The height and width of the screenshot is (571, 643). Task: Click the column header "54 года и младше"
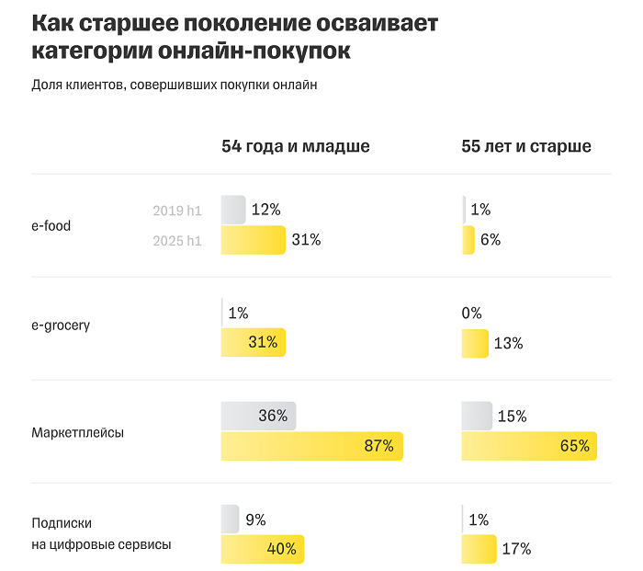(x=295, y=146)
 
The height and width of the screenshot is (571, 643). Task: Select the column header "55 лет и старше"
(x=525, y=146)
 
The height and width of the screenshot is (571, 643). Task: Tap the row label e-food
(x=51, y=225)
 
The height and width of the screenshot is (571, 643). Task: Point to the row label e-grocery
(x=61, y=325)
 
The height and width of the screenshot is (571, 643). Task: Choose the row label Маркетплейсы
(x=77, y=431)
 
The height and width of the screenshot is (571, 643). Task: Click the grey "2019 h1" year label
(x=176, y=211)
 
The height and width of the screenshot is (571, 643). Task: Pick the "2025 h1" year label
(x=176, y=241)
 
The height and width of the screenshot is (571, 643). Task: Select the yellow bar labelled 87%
(x=311, y=446)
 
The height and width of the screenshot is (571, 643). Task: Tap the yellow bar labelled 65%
(x=529, y=446)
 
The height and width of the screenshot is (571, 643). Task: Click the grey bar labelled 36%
(x=258, y=416)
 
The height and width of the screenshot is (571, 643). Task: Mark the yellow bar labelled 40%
(x=262, y=549)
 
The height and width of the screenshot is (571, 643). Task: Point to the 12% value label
(x=265, y=210)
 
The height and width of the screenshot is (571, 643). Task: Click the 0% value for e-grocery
(x=471, y=313)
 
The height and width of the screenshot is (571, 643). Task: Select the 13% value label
(x=508, y=343)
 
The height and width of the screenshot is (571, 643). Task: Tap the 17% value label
(x=516, y=549)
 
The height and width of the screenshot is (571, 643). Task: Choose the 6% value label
(x=490, y=240)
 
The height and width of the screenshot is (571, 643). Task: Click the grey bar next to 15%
(x=476, y=416)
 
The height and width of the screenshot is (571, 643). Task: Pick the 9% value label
(x=255, y=520)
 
